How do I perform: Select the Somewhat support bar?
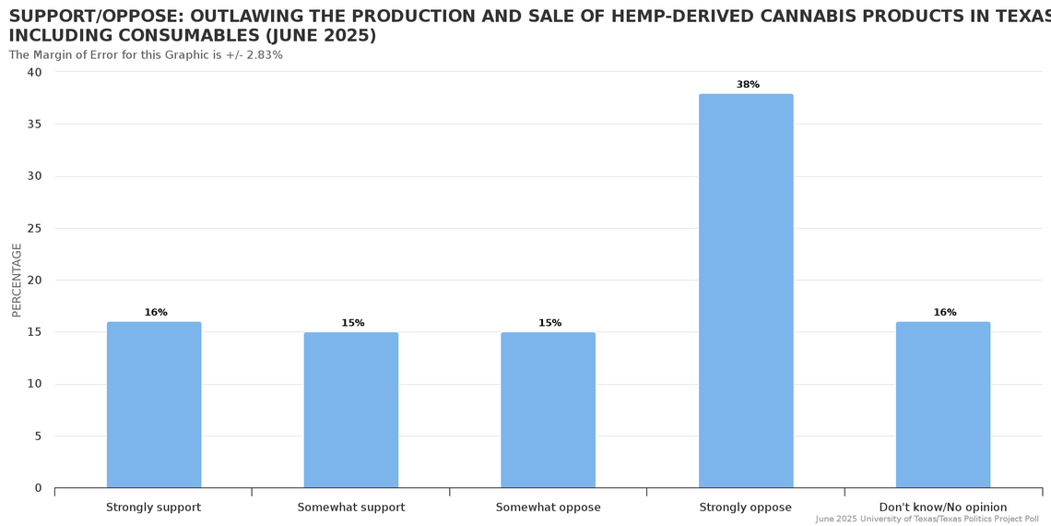351,410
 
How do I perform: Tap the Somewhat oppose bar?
549,410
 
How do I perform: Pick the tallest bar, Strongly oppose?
746,291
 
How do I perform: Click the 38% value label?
748,85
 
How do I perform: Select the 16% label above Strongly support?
156,313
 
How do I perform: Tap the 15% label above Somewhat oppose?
550,323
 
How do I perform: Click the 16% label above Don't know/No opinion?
945,313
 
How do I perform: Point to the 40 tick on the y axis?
35,72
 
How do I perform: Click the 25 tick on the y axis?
35,228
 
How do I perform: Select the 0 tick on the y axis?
38,488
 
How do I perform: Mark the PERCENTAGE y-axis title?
17,280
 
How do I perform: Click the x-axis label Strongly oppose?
745,508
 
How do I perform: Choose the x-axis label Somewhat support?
351,508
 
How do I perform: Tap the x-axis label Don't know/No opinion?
943,508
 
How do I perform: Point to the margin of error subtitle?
146,55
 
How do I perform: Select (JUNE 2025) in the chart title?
321,36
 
